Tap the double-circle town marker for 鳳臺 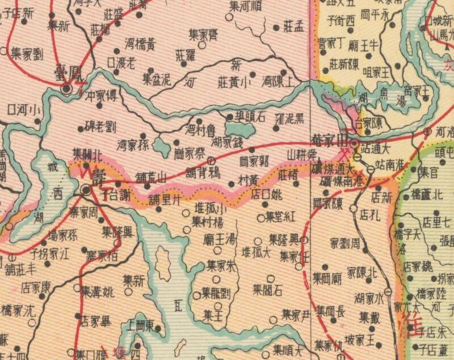[66, 88]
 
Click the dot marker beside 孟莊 [276, 27]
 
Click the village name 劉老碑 [100, 125]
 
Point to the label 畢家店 [95, 321]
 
